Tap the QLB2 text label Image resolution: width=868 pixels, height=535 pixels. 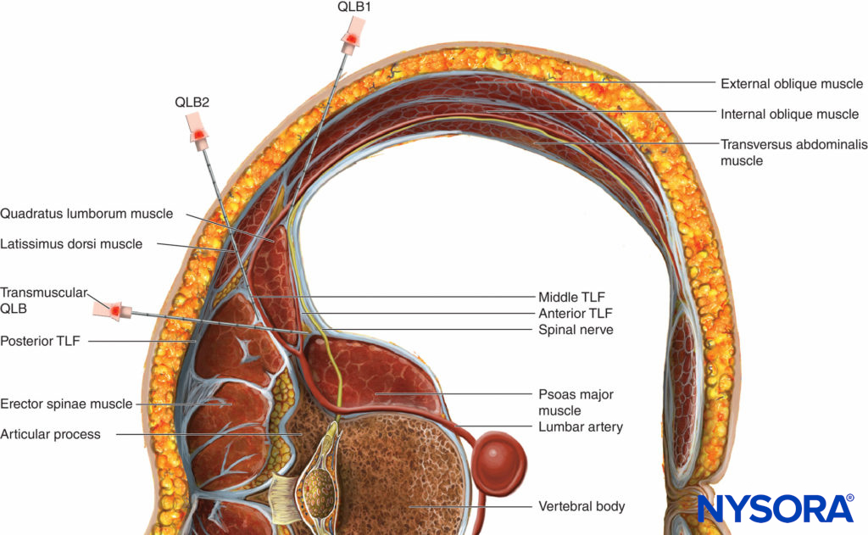(192, 103)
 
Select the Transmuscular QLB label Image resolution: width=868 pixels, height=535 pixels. (44, 300)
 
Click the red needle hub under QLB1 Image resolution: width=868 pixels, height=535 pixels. (351, 37)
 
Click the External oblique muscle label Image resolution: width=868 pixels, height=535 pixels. (791, 84)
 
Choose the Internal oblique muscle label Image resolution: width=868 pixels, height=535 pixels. (789, 114)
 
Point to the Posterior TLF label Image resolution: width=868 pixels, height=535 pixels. (39, 342)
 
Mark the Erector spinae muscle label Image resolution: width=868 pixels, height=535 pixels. (66, 404)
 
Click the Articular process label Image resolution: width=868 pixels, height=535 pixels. (51, 434)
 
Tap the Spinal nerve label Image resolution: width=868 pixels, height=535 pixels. (576, 329)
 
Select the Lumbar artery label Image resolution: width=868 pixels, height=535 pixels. (581, 426)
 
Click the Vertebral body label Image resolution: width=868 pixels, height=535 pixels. (581, 506)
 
